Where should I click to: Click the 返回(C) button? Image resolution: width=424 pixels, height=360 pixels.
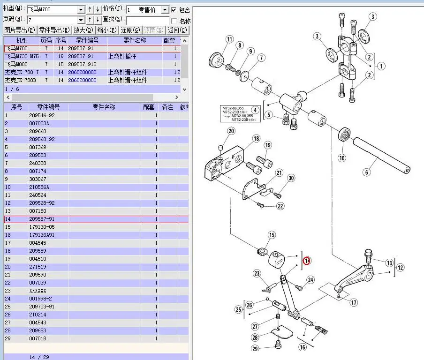click(x=177, y=30)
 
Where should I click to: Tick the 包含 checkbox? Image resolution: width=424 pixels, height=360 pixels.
click(x=174, y=10)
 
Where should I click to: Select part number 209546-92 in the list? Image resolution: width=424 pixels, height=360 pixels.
click(x=42, y=115)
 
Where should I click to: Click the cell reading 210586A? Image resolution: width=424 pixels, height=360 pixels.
click(x=39, y=187)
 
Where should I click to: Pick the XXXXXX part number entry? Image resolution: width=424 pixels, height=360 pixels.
click(x=38, y=291)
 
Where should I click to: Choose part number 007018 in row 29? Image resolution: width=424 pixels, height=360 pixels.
click(x=38, y=338)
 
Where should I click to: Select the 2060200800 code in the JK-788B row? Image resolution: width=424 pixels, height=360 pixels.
click(x=82, y=80)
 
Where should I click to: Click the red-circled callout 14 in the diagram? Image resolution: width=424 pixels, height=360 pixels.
click(x=307, y=261)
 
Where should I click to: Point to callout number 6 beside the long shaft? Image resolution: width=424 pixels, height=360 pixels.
click(x=367, y=172)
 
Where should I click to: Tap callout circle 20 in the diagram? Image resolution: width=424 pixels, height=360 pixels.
click(x=231, y=131)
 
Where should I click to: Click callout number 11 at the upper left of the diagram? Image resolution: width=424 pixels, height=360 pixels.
click(x=229, y=39)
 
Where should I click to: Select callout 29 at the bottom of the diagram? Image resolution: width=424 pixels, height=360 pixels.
click(x=255, y=348)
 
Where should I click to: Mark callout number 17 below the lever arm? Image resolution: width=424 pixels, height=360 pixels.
click(x=354, y=303)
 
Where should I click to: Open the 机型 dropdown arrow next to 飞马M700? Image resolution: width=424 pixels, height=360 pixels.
click(x=81, y=10)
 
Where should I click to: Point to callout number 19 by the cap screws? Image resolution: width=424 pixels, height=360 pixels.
click(x=268, y=145)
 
